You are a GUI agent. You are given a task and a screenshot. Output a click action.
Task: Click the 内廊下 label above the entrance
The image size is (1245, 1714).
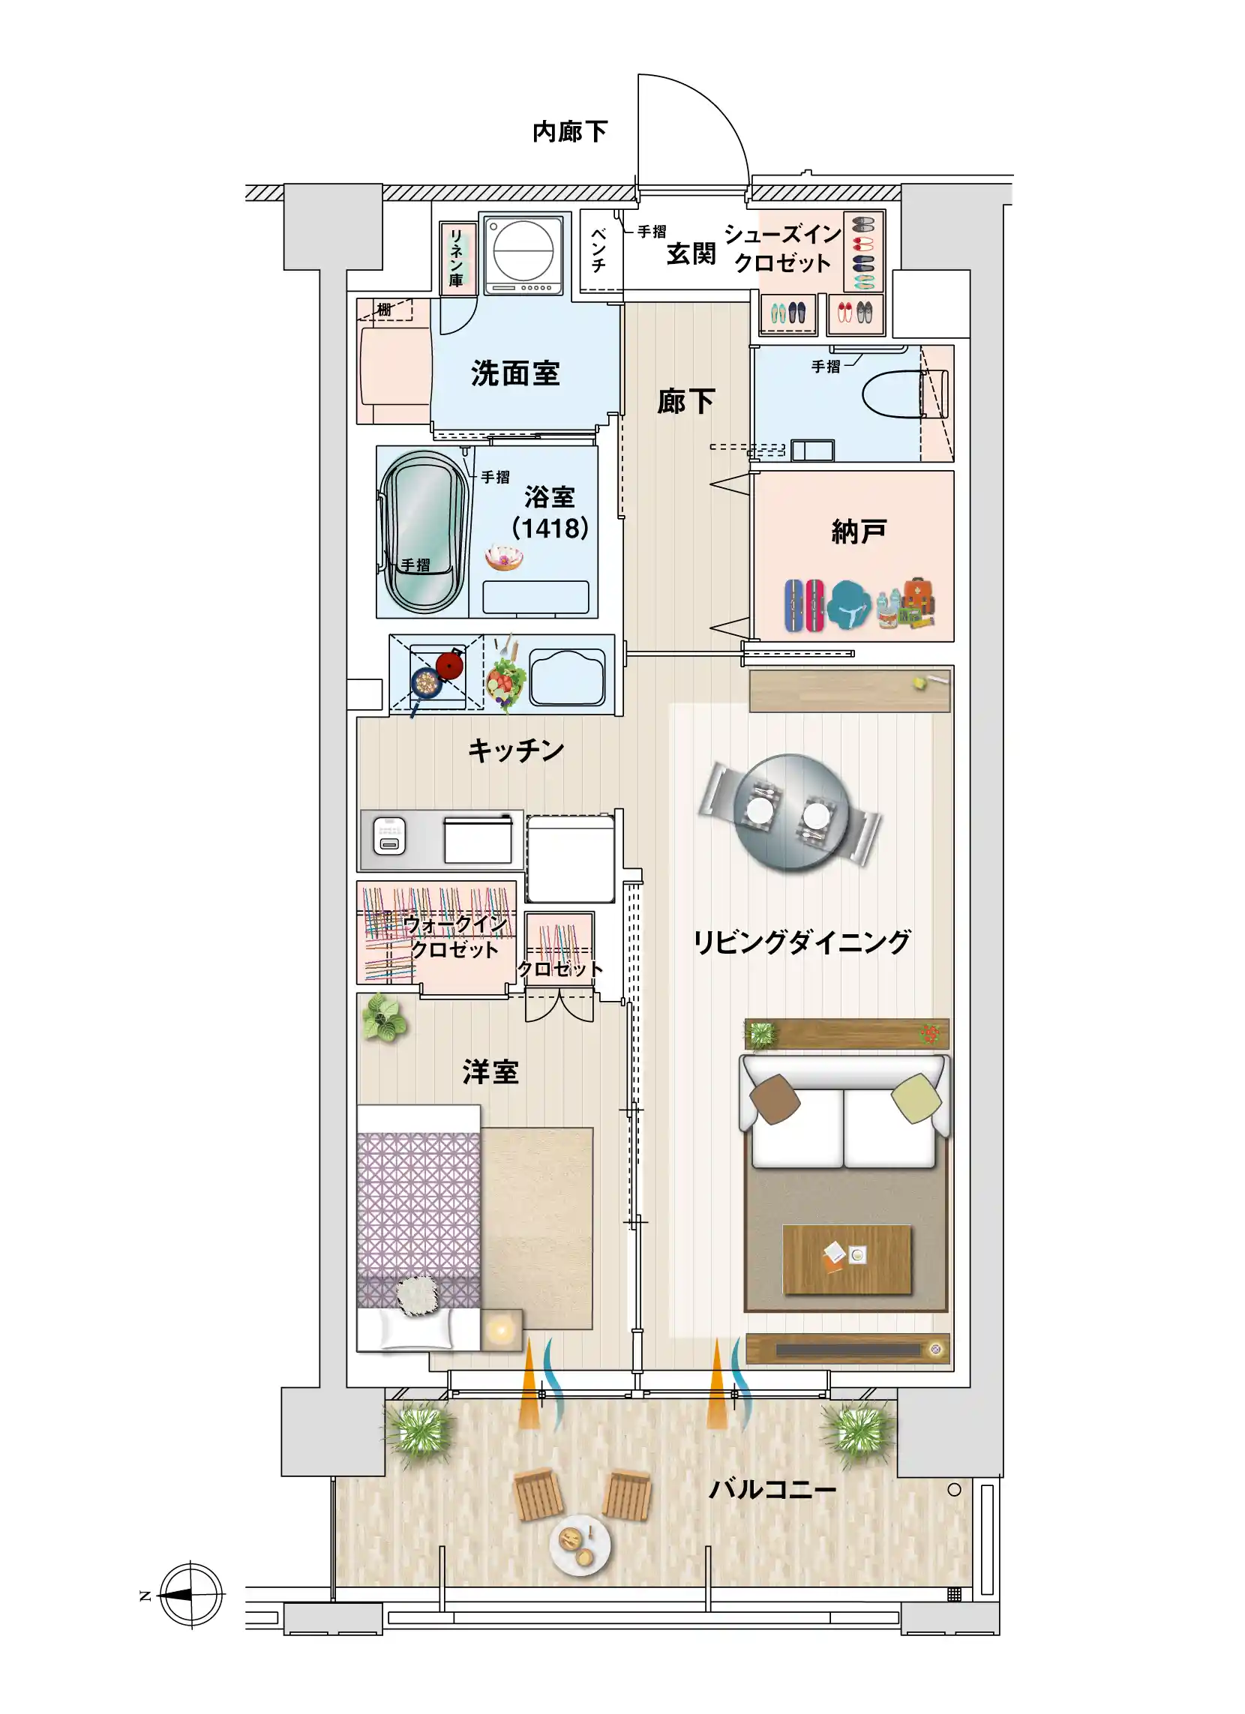pos(570,132)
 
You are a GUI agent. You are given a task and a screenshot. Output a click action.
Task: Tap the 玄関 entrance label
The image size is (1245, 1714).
pos(691,254)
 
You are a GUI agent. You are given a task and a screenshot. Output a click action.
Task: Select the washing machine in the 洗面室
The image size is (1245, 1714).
pos(523,254)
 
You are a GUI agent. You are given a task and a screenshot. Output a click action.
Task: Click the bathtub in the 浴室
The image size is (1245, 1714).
pos(424,532)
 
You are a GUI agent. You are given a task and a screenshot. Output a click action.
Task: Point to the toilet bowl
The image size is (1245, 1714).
pos(896,393)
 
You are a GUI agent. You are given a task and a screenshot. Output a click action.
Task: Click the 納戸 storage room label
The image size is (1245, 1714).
pos(858,532)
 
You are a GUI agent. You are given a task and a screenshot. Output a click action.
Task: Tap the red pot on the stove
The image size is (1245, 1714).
pos(451,664)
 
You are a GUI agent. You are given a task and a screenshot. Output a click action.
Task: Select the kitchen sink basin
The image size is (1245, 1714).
pos(568,676)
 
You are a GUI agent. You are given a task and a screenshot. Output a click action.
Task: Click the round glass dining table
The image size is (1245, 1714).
pos(791,813)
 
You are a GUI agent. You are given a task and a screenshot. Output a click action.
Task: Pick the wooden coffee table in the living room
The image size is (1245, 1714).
pos(847,1260)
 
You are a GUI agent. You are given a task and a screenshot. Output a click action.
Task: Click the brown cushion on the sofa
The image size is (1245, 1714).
pos(775,1098)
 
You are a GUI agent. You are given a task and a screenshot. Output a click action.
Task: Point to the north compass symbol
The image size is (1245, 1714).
pos(191,1595)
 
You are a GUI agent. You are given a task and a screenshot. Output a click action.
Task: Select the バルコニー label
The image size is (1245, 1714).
pos(772,1490)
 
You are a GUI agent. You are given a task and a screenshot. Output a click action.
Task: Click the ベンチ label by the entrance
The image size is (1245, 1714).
pos(598,250)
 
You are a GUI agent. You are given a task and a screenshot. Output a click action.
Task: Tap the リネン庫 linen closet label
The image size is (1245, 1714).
pos(456,257)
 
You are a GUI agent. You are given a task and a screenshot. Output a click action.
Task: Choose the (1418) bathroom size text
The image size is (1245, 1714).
pos(550,528)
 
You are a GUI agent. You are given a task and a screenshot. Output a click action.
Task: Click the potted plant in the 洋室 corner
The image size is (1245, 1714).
pos(385,1018)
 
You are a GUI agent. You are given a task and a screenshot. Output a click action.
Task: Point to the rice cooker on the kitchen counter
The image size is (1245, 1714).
pos(389,837)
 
